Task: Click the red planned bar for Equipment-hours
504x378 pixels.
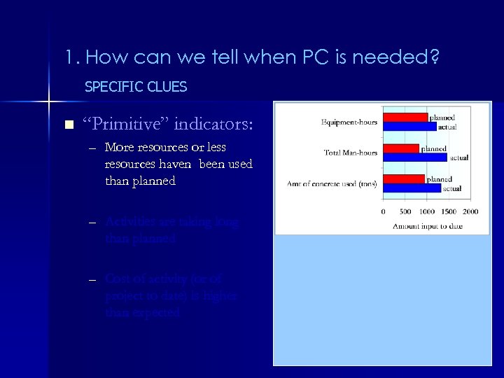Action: pyautogui.click(x=405, y=117)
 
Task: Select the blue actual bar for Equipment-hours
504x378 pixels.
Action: pyautogui.click(x=409, y=126)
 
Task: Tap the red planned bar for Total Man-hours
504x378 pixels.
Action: pyautogui.click(x=400, y=148)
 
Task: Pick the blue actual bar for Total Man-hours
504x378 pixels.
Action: pyautogui.click(x=416, y=157)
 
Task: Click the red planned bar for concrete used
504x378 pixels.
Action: pyautogui.click(x=403, y=178)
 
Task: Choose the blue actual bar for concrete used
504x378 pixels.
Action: pyautogui.click(x=412, y=188)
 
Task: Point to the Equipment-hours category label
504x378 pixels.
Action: pyautogui.click(x=349, y=122)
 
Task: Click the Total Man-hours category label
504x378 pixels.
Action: pyautogui.click(x=350, y=152)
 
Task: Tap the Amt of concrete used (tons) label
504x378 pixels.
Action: pyautogui.click(x=332, y=183)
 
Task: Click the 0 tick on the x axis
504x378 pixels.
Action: pyautogui.click(x=383, y=211)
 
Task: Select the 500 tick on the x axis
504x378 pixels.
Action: pyautogui.click(x=405, y=211)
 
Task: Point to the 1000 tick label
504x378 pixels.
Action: pyautogui.click(x=428, y=211)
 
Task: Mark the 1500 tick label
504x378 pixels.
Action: pyautogui.click(x=449, y=211)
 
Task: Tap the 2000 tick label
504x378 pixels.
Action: pyautogui.click(x=470, y=211)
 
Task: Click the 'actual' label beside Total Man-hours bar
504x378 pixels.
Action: pyautogui.click(x=459, y=157)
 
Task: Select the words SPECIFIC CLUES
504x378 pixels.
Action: pyautogui.click(x=135, y=87)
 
